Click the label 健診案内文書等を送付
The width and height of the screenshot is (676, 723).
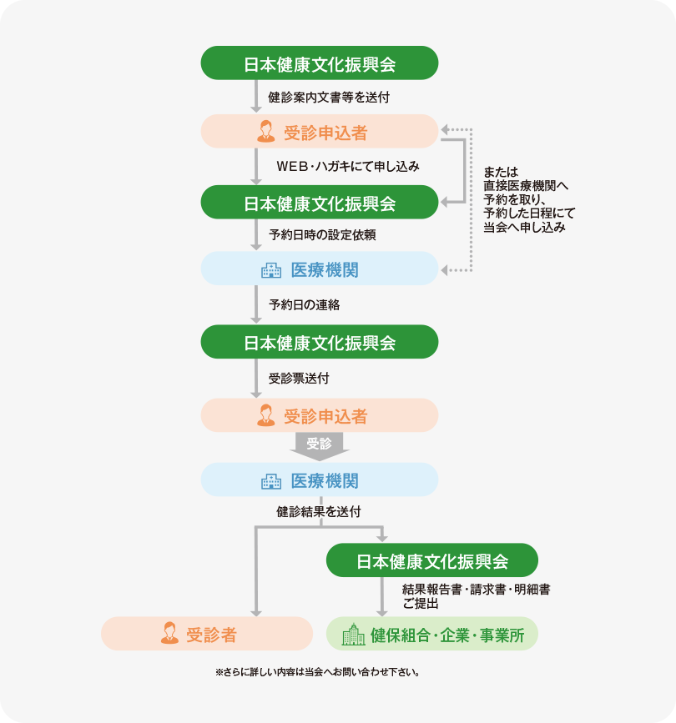[x=329, y=97]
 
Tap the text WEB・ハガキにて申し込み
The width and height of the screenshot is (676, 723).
[x=347, y=167]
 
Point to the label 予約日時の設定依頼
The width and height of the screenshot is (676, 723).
[x=322, y=235]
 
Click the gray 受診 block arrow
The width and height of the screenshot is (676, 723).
[x=319, y=445]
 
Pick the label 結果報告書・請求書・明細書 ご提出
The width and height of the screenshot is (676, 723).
[x=476, y=596]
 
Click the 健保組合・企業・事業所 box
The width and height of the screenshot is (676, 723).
[x=431, y=634]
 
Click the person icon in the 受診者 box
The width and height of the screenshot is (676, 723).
[x=169, y=634]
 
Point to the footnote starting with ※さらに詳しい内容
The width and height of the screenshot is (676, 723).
[x=316, y=671]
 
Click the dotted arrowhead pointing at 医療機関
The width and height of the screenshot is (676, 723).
[x=446, y=270]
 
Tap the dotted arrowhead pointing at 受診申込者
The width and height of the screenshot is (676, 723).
[x=446, y=129]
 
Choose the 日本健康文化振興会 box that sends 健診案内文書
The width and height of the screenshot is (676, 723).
[x=320, y=63]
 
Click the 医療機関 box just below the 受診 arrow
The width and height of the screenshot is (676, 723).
[x=320, y=480]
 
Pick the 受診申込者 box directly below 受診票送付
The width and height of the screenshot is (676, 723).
[x=320, y=415]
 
